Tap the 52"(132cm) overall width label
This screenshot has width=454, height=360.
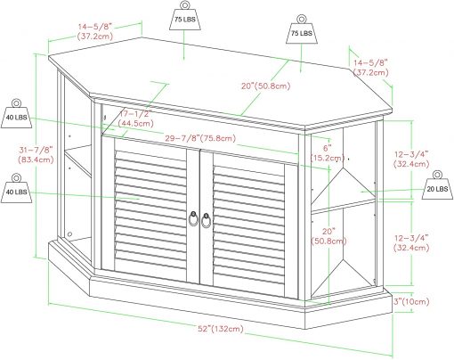[x=221, y=329]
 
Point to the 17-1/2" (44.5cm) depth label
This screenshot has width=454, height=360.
[x=135, y=119]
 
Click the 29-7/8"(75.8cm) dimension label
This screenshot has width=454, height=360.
[x=200, y=138]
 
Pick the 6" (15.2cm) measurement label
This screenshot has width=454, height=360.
[x=328, y=152]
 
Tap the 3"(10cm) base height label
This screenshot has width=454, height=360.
[x=411, y=301]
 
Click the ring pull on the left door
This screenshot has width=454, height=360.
[x=193, y=219]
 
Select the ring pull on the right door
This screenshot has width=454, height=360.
[x=207, y=220]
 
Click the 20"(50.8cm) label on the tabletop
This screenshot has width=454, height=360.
[x=265, y=86]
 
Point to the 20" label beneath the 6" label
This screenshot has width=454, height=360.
[x=328, y=236]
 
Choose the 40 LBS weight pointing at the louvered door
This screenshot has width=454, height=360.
[x=16, y=188]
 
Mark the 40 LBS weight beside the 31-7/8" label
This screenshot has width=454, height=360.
[x=16, y=114]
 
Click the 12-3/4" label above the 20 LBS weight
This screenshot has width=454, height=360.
[x=411, y=159]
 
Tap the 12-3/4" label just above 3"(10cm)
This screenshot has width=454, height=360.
[x=411, y=242]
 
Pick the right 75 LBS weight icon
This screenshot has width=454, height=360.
[x=302, y=29]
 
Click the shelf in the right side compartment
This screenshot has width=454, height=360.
[x=344, y=207]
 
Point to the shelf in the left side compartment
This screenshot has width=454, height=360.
[x=77, y=160]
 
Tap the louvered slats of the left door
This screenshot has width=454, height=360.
[x=150, y=211]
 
